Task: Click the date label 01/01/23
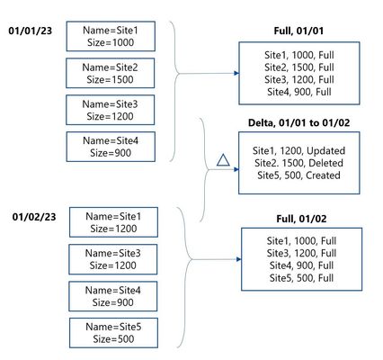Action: pos(30,31)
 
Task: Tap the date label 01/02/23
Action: pos(34,217)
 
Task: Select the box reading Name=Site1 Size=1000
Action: pos(111,36)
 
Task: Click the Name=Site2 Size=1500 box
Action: pos(111,73)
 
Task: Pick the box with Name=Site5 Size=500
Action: pos(113,333)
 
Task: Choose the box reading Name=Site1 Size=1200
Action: pos(113,222)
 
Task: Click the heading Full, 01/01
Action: pos(298,31)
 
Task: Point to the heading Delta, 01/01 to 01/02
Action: pos(298,122)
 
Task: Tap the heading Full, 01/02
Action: pos(301,219)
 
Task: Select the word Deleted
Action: pos(325,163)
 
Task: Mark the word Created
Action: pos(323,175)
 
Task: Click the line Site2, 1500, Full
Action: pos(299,67)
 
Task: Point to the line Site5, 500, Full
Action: pos(301,278)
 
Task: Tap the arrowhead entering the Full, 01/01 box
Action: pos(236,73)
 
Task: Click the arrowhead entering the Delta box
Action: pos(236,169)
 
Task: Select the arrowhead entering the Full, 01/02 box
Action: pos(239,259)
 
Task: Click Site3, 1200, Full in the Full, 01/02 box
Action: pos(301,253)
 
